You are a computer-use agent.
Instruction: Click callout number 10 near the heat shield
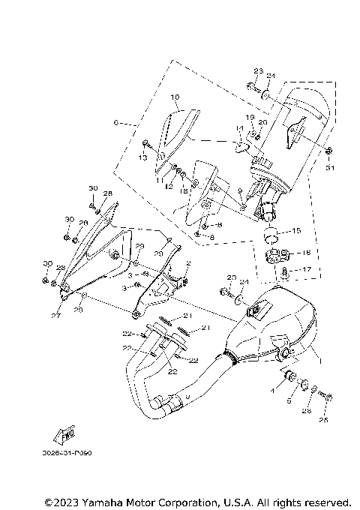(x=174, y=97)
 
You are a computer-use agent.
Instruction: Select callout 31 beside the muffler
(x=328, y=168)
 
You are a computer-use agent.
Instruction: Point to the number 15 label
(x=296, y=230)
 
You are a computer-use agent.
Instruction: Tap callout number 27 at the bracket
(x=55, y=316)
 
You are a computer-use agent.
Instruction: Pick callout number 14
(x=239, y=129)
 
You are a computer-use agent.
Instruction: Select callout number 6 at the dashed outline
(x=115, y=121)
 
